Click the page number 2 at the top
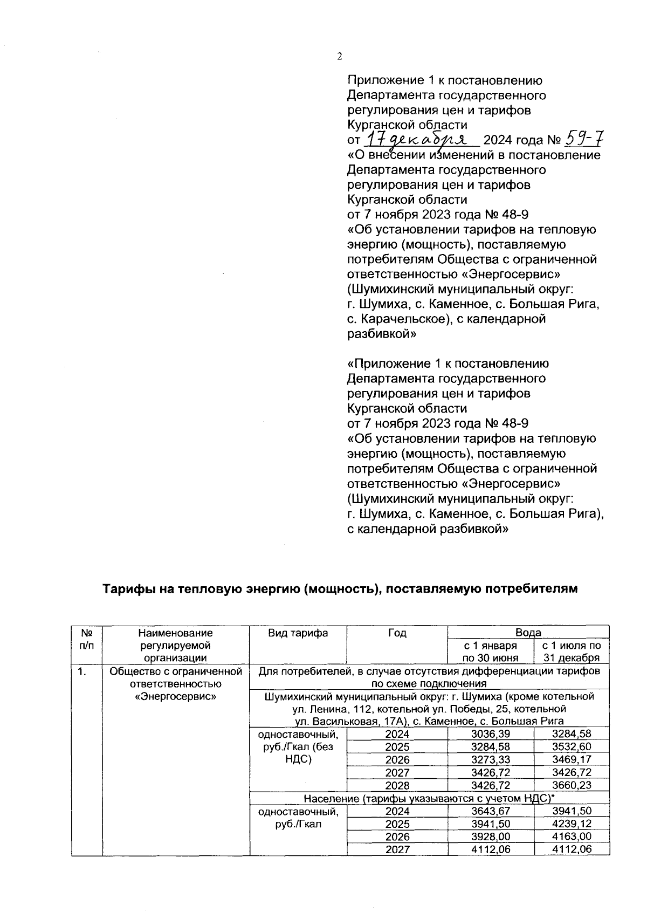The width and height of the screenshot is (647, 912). (340, 57)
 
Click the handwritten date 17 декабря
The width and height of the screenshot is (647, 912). (421, 140)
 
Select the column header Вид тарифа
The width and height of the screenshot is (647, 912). (298, 633)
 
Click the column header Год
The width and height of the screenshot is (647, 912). (397, 633)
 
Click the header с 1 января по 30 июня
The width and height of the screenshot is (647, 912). (491, 652)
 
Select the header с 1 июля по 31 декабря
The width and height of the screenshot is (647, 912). (572, 652)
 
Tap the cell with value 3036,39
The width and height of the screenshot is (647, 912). (491, 734)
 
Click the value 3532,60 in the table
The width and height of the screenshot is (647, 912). (572, 747)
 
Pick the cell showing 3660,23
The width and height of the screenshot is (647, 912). (572, 785)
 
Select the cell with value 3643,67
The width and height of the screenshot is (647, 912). (491, 811)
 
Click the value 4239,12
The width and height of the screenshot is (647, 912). (572, 824)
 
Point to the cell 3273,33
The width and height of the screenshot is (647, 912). (491, 760)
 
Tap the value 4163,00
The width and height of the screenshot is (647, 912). (572, 837)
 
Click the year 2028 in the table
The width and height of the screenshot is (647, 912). (397, 785)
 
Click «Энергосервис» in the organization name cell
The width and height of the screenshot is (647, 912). (175, 697)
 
